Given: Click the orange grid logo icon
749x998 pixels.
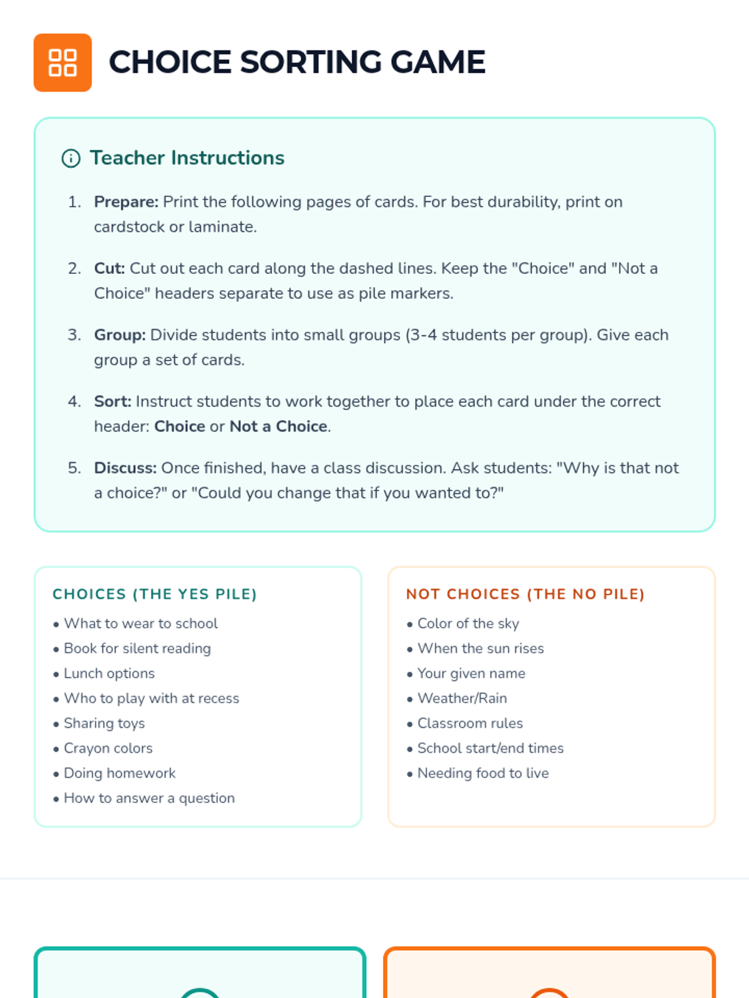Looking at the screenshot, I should [x=62, y=62].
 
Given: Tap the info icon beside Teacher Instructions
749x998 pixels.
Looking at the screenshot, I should [x=71, y=158].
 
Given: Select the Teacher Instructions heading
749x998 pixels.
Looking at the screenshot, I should [x=187, y=158].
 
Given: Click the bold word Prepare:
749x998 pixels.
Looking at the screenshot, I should [x=126, y=202].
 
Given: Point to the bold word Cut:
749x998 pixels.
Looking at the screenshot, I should [x=109, y=268].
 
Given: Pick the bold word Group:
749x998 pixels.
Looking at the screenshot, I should [x=120, y=335].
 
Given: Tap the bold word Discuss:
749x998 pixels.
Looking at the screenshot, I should [x=125, y=468].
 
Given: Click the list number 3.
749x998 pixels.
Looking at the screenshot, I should [x=74, y=335].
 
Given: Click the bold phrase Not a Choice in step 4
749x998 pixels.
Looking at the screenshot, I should [x=278, y=427].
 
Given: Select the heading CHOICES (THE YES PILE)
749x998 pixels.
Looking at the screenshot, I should [x=155, y=594].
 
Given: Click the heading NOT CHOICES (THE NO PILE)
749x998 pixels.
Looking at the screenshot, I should [x=525, y=594].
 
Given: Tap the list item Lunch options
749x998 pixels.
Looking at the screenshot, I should [x=109, y=674].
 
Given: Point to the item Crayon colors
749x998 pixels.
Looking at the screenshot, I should [x=108, y=748].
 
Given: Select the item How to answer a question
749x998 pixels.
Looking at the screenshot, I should [x=149, y=798].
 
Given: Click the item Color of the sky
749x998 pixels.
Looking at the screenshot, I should [x=468, y=624].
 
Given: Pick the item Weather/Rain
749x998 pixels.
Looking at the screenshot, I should [x=462, y=699].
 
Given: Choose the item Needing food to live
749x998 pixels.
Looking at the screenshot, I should [x=483, y=773].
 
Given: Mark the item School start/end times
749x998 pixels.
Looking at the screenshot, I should [x=490, y=748].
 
